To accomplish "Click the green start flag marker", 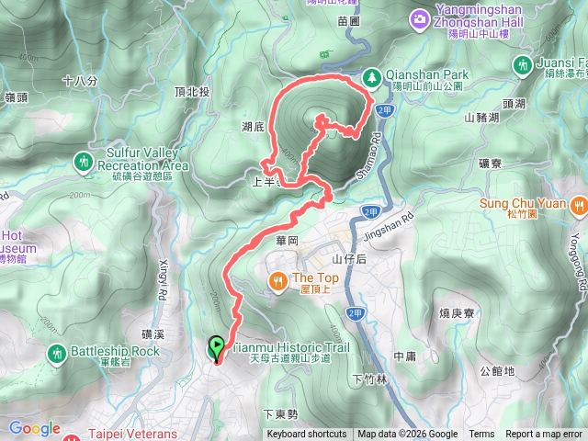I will click(216, 347).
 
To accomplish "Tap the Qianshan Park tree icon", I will click(372, 77).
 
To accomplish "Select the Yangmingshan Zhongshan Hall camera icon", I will click(420, 18).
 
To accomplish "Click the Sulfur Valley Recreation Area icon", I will click(85, 162).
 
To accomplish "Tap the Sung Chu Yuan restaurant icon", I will click(578, 206).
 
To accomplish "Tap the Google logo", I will click(34, 428).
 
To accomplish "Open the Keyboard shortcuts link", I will click(307, 435).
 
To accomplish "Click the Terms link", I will click(481, 435).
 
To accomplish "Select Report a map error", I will click(544, 435).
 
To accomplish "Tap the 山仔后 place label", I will click(348, 260).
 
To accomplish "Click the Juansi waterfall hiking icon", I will click(523, 64).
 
